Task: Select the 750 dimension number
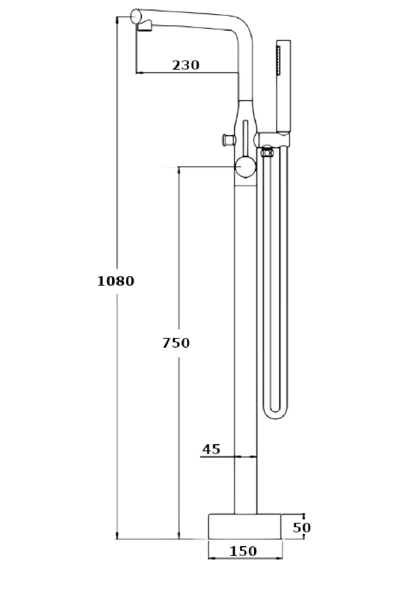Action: pos(176,343)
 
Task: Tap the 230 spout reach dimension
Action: pos(186,65)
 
